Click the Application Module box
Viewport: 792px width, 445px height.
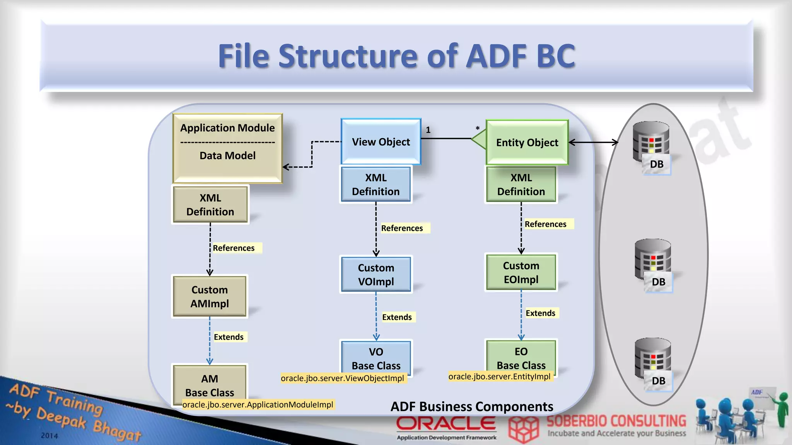(x=227, y=148)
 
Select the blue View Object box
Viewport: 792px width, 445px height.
(x=381, y=142)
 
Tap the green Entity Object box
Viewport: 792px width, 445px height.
(x=527, y=143)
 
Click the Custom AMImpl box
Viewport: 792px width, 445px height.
(x=210, y=296)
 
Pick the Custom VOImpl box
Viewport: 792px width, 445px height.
(x=376, y=275)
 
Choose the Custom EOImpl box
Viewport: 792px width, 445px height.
(x=521, y=272)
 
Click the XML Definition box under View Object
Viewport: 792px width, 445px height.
(x=376, y=184)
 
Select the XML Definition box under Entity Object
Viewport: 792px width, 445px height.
(x=521, y=184)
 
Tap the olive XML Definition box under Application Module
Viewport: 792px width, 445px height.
(x=210, y=205)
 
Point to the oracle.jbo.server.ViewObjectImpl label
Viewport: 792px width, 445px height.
(x=342, y=378)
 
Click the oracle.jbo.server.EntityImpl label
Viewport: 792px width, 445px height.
(x=499, y=377)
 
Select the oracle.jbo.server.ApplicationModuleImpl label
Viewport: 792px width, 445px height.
(x=258, y=404)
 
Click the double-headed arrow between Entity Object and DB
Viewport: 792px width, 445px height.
(x=593, y=143)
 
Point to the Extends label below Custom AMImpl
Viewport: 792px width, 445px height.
(x=229, y=337)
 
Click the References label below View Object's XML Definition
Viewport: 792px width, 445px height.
(x=402, y=228)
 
